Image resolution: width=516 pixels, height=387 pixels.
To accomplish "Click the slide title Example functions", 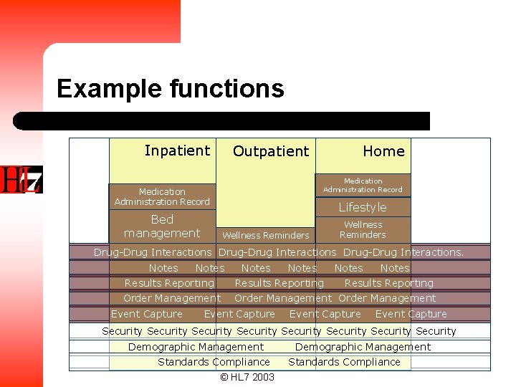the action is [x=171, y=90].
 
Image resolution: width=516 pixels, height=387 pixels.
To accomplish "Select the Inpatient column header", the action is [x=177, y=150].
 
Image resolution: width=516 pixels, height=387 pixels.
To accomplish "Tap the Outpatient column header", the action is [x=271, y=151].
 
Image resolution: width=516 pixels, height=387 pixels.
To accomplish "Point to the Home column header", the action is [x=383, y=151].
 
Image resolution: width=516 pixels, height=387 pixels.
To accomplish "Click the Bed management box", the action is [x=162, y=226].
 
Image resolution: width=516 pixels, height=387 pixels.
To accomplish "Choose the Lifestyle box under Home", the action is [x=363, y=207].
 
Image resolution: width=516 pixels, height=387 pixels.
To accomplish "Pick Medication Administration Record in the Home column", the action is [x=363, y=186].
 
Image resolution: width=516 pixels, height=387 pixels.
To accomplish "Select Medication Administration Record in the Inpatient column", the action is [x=162, y=196].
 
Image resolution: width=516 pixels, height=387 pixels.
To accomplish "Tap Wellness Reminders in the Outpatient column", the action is [x=266, y=235].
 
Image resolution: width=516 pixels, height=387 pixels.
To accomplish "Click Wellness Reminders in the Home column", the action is [x=363, y=230].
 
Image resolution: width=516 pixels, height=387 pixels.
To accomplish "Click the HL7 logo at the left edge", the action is [x=21, y=180].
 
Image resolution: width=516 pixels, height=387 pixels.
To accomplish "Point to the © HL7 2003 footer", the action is [x=247, y=377].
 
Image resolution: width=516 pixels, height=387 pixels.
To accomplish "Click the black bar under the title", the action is [x=222, y=121].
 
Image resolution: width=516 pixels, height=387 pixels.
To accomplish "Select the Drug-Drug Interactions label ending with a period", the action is [x=403, y=252].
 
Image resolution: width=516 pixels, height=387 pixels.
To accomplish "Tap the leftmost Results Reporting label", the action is [x=169, y=283].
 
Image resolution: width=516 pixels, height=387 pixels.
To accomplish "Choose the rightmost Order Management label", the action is [x=387, y=298].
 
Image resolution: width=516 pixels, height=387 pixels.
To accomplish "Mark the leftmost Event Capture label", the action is [x=147, y=314].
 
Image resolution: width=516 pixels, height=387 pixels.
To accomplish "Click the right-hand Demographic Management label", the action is [x=363, y=347].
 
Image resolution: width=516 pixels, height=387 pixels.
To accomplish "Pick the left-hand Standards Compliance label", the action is [x=214, y=362].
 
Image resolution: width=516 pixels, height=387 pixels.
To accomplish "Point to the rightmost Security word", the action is [x=436, y=331].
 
